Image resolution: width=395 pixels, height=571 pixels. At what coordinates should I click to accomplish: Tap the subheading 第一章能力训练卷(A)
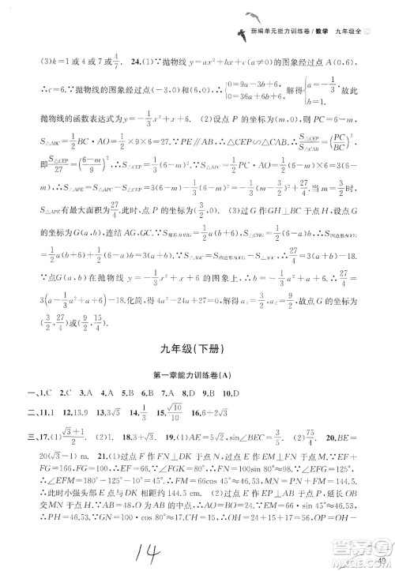pos(197,376)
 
